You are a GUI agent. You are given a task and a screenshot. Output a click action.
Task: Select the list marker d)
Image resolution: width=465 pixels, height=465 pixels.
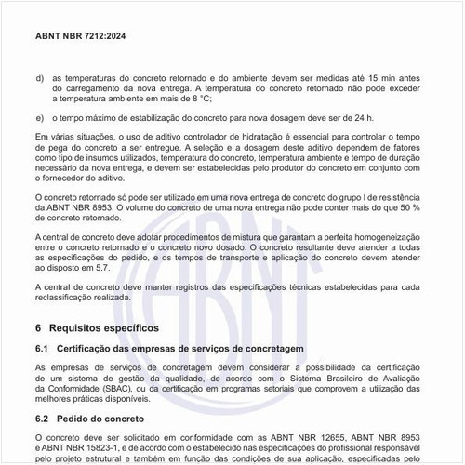point(39,77)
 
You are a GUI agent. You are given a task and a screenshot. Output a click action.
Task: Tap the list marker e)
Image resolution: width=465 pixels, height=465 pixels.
point(39,118)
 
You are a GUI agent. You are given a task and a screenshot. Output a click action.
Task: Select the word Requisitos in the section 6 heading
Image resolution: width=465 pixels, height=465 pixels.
point(81,328)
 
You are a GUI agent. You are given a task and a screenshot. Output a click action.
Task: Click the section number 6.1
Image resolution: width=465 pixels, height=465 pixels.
point(42,348)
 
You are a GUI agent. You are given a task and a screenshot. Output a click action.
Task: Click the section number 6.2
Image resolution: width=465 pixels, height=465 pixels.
point(42,419)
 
